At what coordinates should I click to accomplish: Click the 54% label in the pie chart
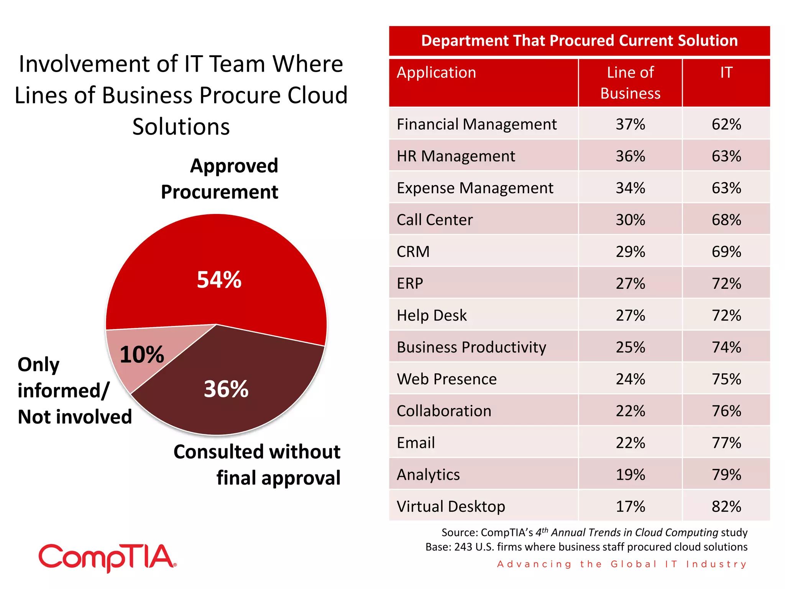click(x=219, y=280)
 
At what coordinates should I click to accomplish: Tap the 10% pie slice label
click(x=141, y=354)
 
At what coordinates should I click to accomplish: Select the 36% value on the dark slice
click(x=226, y=389)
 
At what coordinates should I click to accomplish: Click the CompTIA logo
click(x=108, y=558)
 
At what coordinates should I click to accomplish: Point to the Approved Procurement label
click(x=220, y=179)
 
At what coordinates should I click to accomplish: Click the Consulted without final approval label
click(x=257, y=464)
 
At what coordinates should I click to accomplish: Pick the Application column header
click(x=436, y=72)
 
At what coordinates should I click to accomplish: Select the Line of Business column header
click(x=630, y=83)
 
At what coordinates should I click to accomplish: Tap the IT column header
click(x=726, y=72)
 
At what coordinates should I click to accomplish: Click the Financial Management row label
click(x=476, y=124)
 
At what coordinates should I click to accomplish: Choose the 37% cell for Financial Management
click(x=630, y=124)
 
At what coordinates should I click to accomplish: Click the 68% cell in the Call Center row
click(x=726, y=220)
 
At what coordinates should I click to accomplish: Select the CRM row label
click(x=413, y=252)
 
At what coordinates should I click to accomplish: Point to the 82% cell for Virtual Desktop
click(x=726, y=506)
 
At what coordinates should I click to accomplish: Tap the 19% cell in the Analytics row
click(x=630, y=474)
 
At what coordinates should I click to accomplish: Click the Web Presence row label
click(x=447, y=379)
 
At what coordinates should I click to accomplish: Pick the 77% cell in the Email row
click(x=726, y=443)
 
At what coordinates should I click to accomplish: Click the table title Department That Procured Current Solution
click(x=579, y=41)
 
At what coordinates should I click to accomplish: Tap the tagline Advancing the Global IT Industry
click(x=622, y=564)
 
